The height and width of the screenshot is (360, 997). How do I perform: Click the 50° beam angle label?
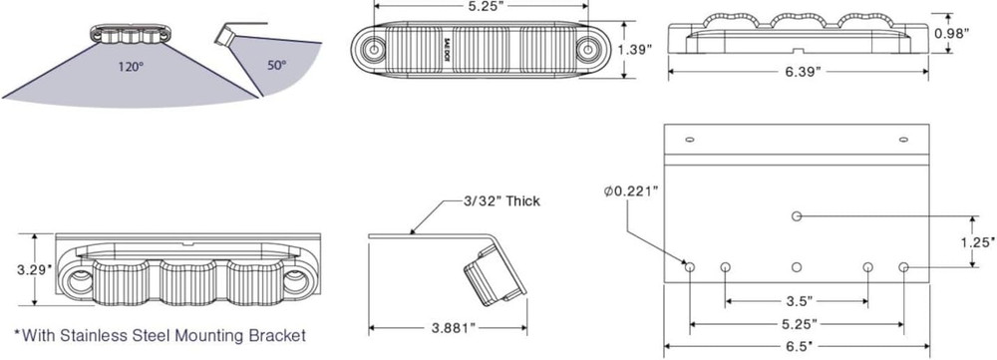[x=275, y=66]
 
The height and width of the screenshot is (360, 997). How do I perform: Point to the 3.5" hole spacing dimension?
[x=797, y=299]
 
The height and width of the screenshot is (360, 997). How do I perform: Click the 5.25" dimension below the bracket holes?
[x=796, y=324]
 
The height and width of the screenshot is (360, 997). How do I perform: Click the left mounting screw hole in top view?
[x=375, y=49]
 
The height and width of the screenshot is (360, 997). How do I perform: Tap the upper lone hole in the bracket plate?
[x=796, y=215]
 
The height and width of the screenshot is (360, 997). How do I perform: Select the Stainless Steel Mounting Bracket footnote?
[x=160, y=336]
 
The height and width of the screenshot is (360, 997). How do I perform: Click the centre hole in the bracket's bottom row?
[x=796, y=267]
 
